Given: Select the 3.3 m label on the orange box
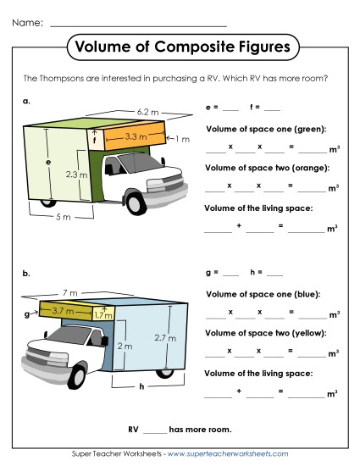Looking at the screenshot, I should [137, 135].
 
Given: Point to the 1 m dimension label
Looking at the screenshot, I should [183, 139].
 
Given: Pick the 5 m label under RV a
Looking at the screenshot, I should [62, 217].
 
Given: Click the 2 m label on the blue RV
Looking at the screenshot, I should [124, 347].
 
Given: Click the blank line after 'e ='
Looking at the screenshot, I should [231, 109].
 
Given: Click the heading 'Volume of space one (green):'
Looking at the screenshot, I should [267, 129].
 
